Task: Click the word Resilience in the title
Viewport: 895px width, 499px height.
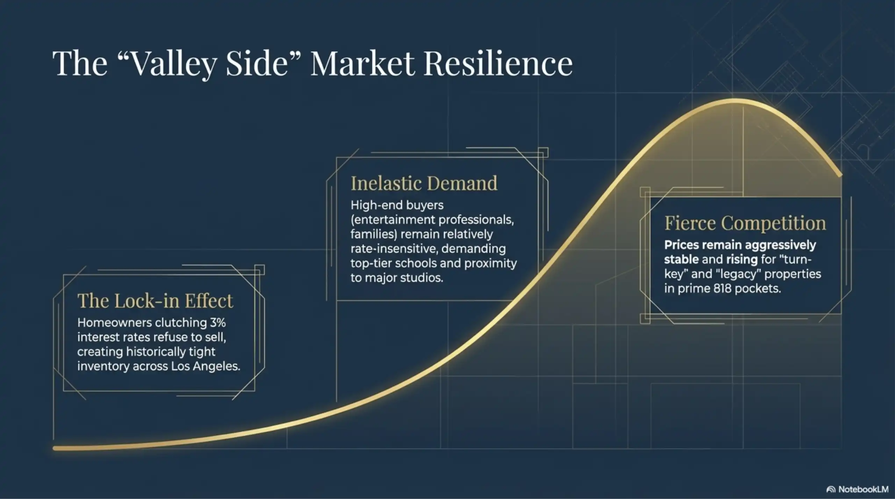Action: click(498, 64)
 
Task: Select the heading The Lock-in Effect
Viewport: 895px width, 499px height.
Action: click(155, 301)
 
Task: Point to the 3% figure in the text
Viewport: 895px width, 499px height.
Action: click(217, 323)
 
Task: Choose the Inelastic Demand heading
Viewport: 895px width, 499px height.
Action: click(424, 183)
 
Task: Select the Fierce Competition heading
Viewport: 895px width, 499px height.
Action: click(745, 223)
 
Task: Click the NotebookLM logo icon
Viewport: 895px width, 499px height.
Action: click(831, 490)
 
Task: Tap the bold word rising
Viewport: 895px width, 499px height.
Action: click(742, 259)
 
